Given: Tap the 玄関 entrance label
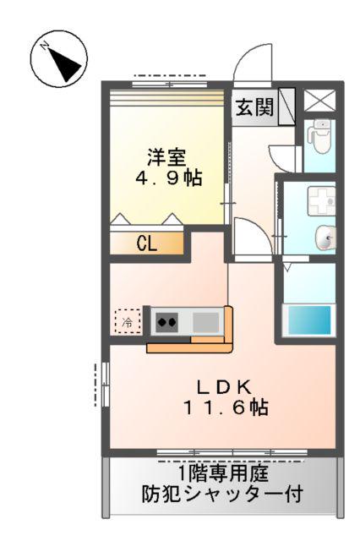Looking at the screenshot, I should click(254, 107).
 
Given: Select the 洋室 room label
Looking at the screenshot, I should click(167, 157).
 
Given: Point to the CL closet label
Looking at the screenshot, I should click(146, 244).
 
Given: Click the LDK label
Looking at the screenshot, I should click(224, 387).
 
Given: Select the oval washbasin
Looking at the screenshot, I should click(325, 238).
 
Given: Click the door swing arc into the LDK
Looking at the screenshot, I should click(253, 236).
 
